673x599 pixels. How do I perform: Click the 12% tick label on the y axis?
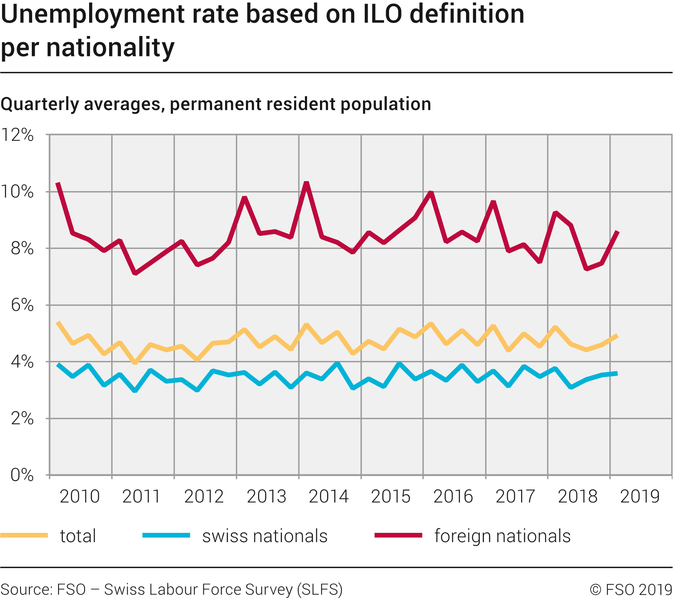pos(17,135)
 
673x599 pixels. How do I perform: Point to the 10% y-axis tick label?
pos(17,192)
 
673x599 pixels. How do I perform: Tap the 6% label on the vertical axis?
pos(22,305)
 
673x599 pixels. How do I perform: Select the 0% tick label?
pos(22,475)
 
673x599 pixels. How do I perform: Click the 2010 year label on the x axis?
pos(79,497)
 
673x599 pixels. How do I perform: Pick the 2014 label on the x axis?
pos(328,497)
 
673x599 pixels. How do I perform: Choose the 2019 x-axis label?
pos(640,497)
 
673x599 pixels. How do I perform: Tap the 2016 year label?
pos(453,497)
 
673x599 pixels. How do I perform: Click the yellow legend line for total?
pos(24,535)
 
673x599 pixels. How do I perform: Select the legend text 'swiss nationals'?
pos(265,536)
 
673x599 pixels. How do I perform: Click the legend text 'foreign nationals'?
pos(502,536)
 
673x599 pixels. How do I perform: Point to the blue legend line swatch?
pos(166,535)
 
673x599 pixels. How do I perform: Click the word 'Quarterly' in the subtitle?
pos(40,104)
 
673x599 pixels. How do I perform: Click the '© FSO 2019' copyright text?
pos(631,589)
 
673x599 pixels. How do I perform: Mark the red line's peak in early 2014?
pos(307,183)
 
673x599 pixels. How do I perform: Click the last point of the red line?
pos(617,232)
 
